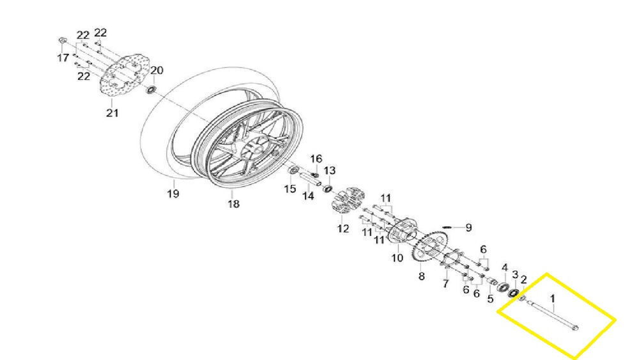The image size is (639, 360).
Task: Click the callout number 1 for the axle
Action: (x=553, y=299)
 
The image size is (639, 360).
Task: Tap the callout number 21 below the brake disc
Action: (x=112, y=113)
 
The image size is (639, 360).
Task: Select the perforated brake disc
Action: (x=125, y=76)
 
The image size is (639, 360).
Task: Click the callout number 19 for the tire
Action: (x=173, y=193)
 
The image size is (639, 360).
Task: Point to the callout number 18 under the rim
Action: (x=233, y=203)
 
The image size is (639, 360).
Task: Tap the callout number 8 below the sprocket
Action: (x=421, y=276)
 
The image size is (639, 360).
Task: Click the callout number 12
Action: (x=343, y=228)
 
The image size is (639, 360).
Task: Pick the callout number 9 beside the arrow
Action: (x=468, y=228)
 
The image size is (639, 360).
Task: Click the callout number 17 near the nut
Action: (x=63, y=58)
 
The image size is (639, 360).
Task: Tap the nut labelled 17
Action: (x=63, y=40)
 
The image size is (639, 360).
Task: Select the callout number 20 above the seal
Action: (x=157, y=70)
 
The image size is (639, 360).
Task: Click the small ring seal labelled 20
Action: (x=151, y=89)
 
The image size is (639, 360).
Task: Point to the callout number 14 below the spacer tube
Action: (x=308, y=196)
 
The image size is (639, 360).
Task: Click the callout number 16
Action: (x=316, y=159)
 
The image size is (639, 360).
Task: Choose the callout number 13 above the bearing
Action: (x=329, y=170)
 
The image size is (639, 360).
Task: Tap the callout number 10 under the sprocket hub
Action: (x=397, y=258)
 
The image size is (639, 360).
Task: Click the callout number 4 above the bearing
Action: (x=505, y=268)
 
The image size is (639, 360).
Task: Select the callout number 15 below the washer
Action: (x=289, y=189)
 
